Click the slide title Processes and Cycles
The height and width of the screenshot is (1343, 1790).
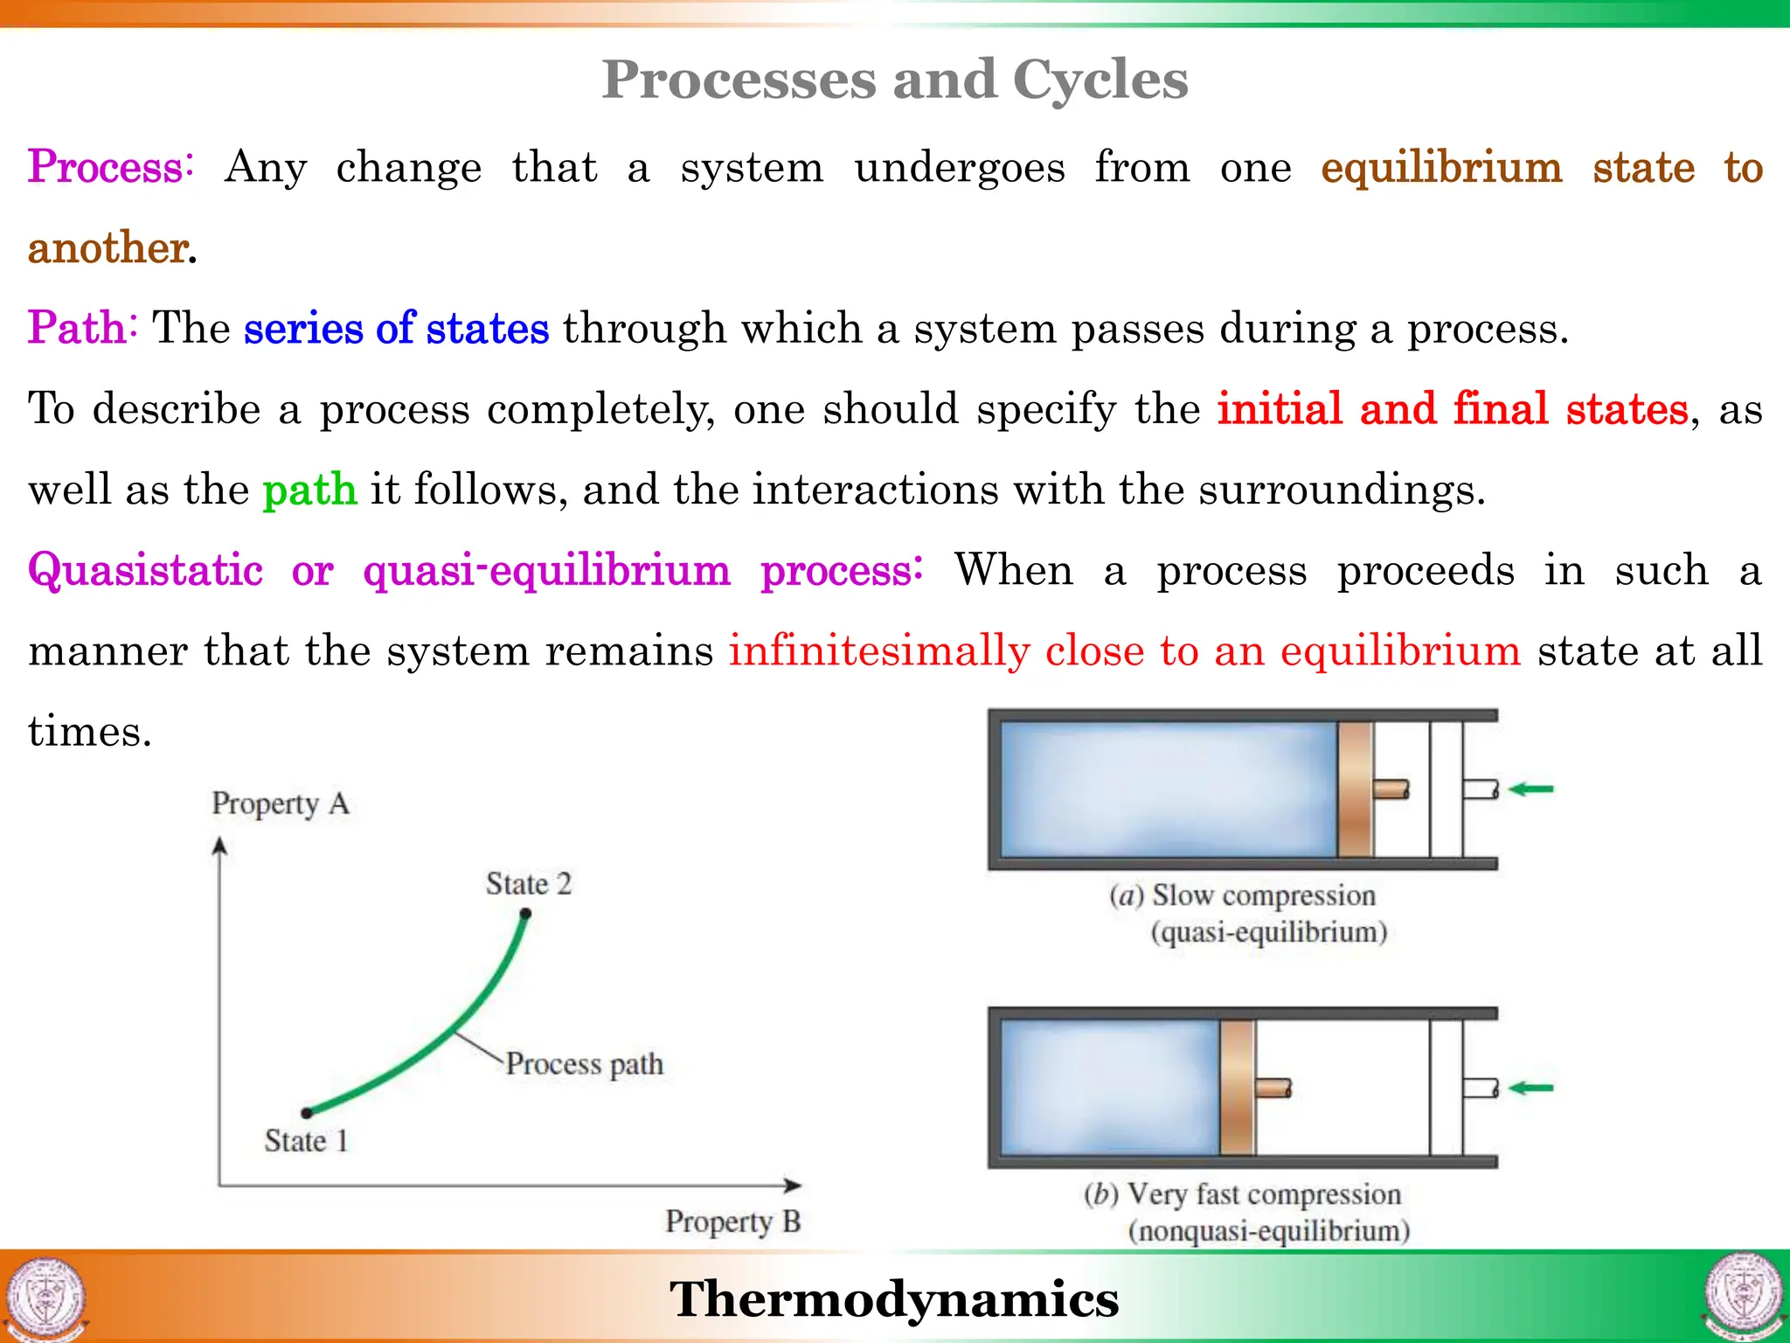coord(894,80)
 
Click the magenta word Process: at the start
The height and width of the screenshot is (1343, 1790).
coord(110,167)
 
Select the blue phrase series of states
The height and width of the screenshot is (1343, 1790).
coord(396,329)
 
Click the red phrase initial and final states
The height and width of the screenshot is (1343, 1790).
coord(1452,409)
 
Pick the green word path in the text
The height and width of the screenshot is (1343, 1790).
coord(309,490)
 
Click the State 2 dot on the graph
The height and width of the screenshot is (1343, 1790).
coord(525,914)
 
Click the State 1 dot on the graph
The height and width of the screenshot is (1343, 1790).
coord(307,1113)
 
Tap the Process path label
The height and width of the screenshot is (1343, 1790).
coord(584,1064)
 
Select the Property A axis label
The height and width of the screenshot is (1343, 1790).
coord(280,804)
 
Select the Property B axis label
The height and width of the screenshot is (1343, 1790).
coord(732,1221)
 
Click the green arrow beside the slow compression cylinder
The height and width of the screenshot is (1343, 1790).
coord(1530,790)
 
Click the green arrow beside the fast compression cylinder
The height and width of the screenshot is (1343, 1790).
coord(1530,1089)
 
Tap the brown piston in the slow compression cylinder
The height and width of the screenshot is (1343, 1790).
coord(1355,790)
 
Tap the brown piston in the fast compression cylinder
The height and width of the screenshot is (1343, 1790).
coord(1237,1089)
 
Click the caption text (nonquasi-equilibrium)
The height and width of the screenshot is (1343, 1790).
coord(1268,1231)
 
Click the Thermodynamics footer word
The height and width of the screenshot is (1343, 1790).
coord(894,1298)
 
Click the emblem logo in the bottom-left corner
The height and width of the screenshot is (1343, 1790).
coord(45,1298)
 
